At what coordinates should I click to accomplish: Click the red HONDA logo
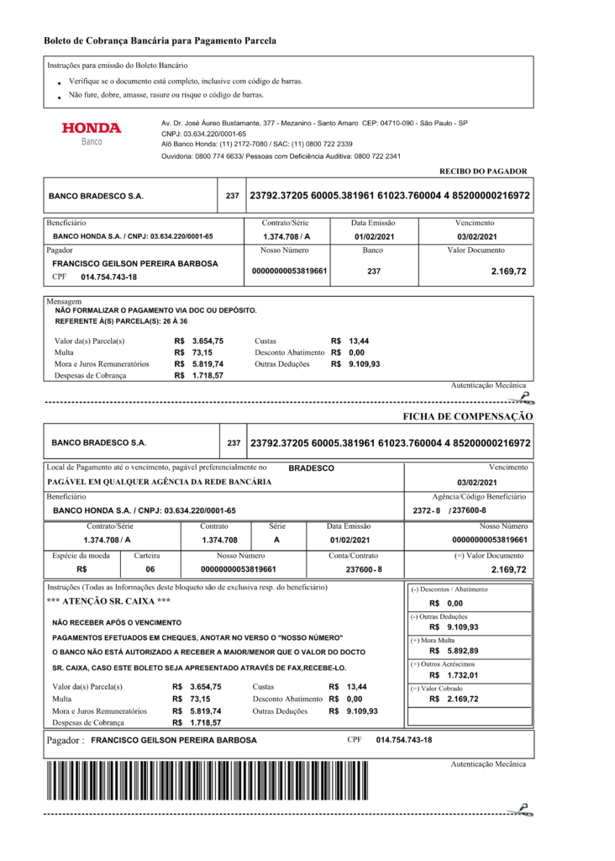(x=92, y=129)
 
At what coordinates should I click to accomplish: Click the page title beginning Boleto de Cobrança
(x=160, y=40)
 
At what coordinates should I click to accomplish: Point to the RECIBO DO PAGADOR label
(x=483, y=171)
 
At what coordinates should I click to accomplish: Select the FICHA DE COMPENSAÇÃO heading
(x=468, y=416)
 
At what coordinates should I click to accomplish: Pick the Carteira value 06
(x=150, y=569)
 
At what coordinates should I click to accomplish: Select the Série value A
(x=276, y=540)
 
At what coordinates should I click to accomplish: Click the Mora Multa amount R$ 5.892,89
(x=454, y=651)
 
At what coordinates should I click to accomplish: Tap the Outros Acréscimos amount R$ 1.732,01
(x=454, y=675)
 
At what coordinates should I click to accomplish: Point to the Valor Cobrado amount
(x=454, y=699)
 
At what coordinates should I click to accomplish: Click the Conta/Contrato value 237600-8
(x=364, y=569)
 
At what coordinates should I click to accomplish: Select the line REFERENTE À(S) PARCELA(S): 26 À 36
(x=121, y=321)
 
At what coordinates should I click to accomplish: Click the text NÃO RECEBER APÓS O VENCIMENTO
(x=116, y=623)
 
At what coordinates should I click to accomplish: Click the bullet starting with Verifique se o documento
(x=186, y=82)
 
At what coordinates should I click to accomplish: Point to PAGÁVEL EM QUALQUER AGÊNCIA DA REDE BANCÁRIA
(x=160, y=482)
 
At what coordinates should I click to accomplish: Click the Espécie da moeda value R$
(x=81, y=569)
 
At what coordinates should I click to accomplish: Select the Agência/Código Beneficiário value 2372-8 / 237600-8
(x=449, y=510)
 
